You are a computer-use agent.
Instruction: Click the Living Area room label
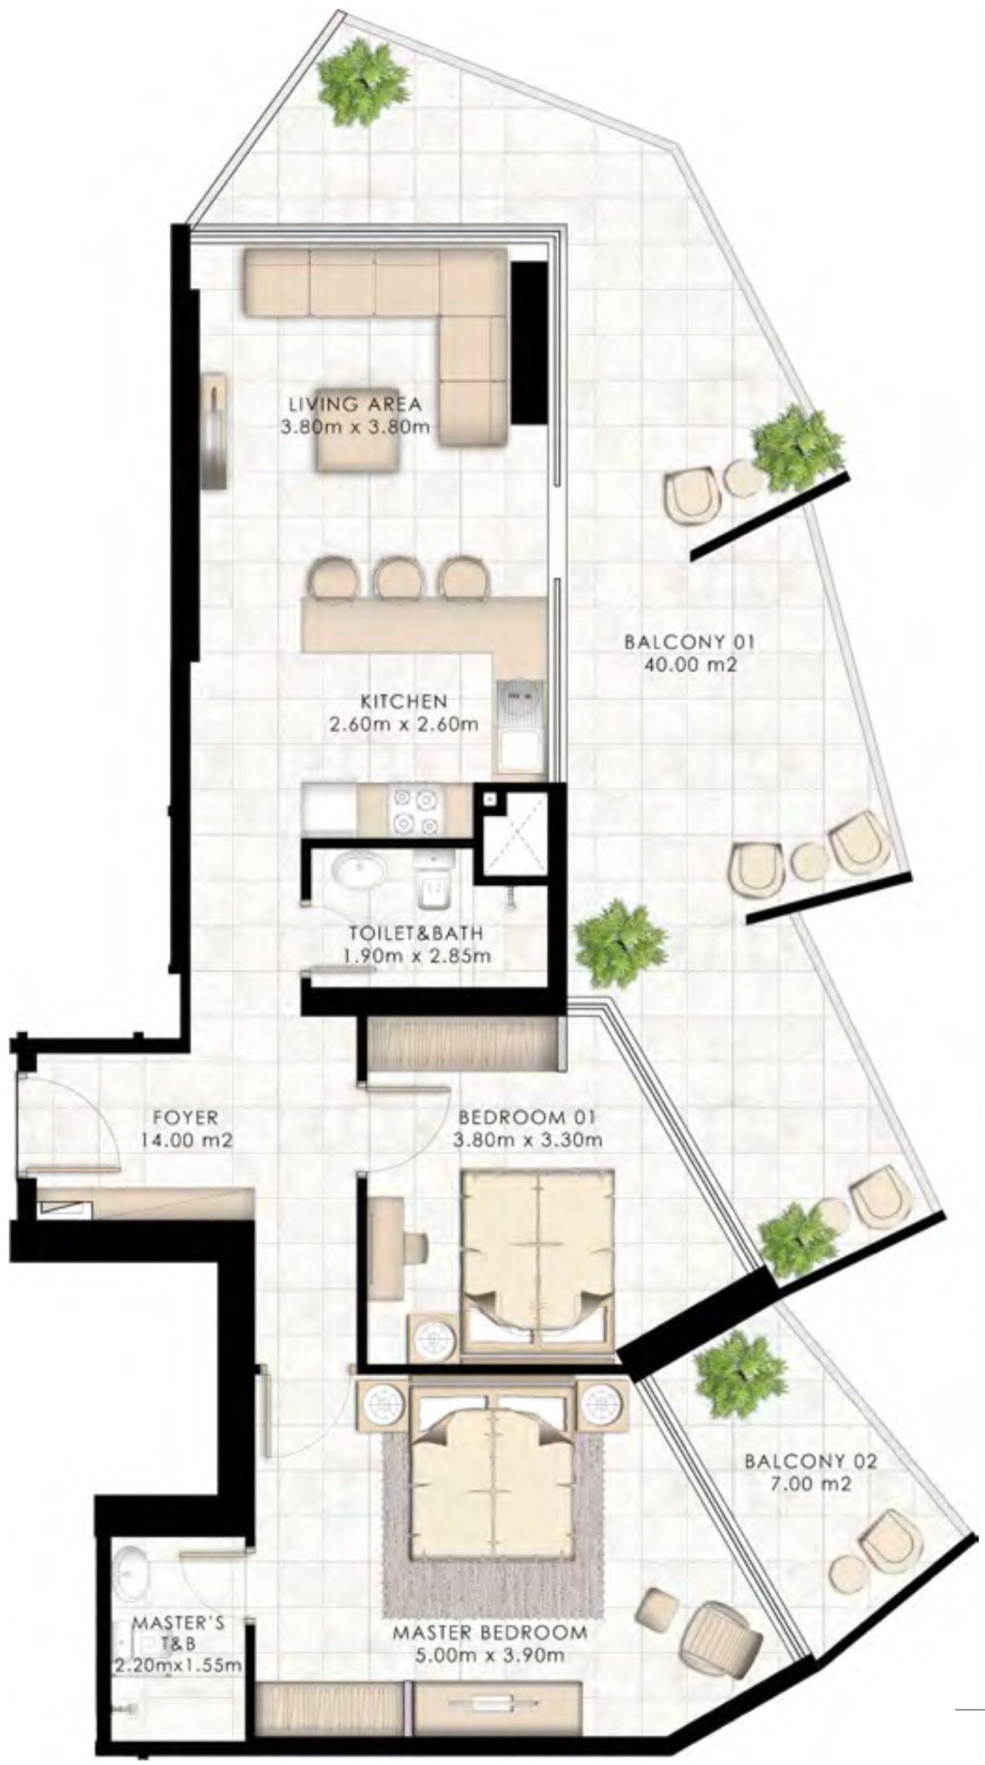click(355, 403)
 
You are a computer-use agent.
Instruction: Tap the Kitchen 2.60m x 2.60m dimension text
click(404, 724)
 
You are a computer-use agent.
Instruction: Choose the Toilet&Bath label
click(416, 934)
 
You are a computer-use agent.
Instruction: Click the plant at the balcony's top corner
click(363, 82)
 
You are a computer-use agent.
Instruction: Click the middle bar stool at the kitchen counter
click(397, 575)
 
